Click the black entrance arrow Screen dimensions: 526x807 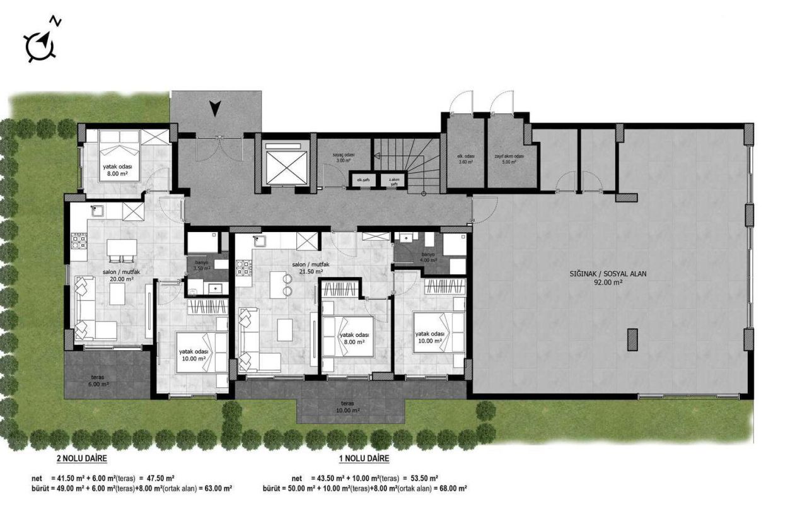pyautogui.click(x=216, y=109)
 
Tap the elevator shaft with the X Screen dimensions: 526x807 pyautogui.click(x=284, y=165)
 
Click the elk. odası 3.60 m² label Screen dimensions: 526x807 pyautogui.click(x=466, y=158)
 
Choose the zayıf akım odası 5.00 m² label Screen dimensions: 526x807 pyautogui.click(x=509, y=159)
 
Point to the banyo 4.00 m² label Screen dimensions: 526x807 pyautogui.click(x=429, y=257)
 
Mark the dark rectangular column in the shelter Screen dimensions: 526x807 pyautogui.click(x=632, y=339)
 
